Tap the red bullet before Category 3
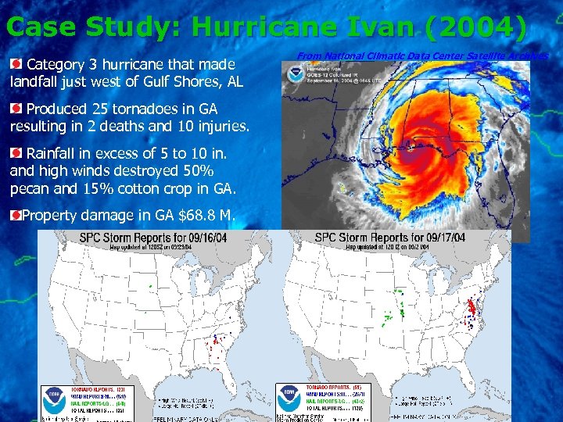pos(16,63)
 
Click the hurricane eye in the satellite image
pos(408,143)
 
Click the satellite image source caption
pos(422,55)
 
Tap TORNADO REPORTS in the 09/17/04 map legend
pos(328,388)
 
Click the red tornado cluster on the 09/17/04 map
pos(472,306)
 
